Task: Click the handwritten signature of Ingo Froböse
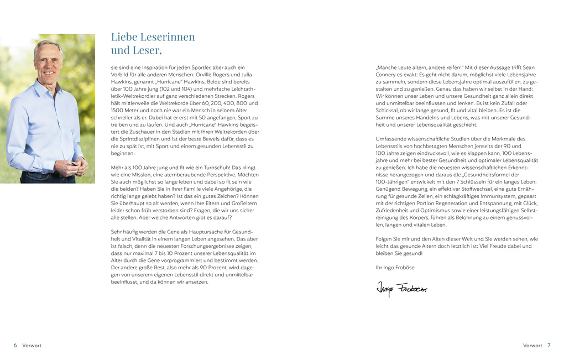click(x=401, y=288)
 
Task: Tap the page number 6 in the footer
click(x=15, y=346)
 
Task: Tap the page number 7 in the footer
click(x=549, y=346)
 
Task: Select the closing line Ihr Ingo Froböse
click(x=395, y=268)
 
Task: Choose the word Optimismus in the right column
click(x=424, y=210)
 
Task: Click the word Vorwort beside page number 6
click(x=32, y=346)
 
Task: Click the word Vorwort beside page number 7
click(x=532, y=346)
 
